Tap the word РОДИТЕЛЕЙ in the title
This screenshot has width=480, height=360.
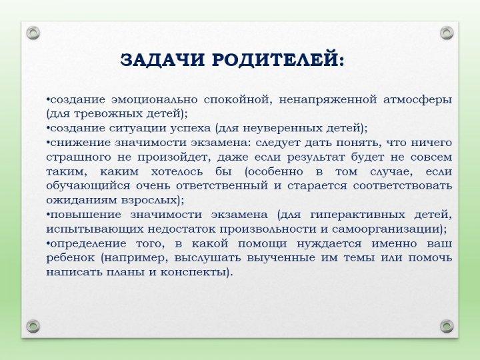[275, 60]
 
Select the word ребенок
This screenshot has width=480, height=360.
[70, 257]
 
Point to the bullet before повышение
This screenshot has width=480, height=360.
[48, 215]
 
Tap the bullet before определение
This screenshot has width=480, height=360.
[48, 243]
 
